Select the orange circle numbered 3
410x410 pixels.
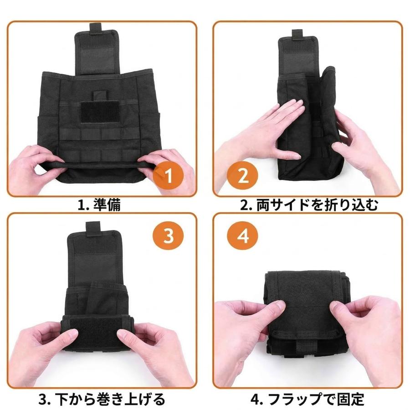(168, 236)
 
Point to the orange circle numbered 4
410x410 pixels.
(242, 236)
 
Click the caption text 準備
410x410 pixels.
(107, 205)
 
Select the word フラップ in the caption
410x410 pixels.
(294, 399)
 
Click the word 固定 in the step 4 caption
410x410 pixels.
(350, 399)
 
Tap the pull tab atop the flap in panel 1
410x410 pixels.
(96, 28)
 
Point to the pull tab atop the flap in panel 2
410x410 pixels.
(297, 35)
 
